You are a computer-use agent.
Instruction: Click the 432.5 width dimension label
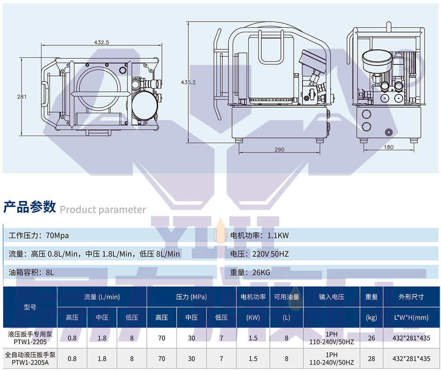click(101, 42)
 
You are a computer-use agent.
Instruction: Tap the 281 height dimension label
click(22, 96)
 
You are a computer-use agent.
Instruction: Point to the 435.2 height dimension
click(188, 82)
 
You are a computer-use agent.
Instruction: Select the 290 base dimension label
click(279, 149)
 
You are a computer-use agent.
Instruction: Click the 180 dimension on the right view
click(389, 147)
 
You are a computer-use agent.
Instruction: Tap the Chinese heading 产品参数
click(30, 207)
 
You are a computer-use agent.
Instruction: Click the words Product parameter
click(103, 209)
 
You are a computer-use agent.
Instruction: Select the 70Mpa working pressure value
click(57, 236)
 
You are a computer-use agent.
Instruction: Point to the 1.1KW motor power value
click(278, 235)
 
